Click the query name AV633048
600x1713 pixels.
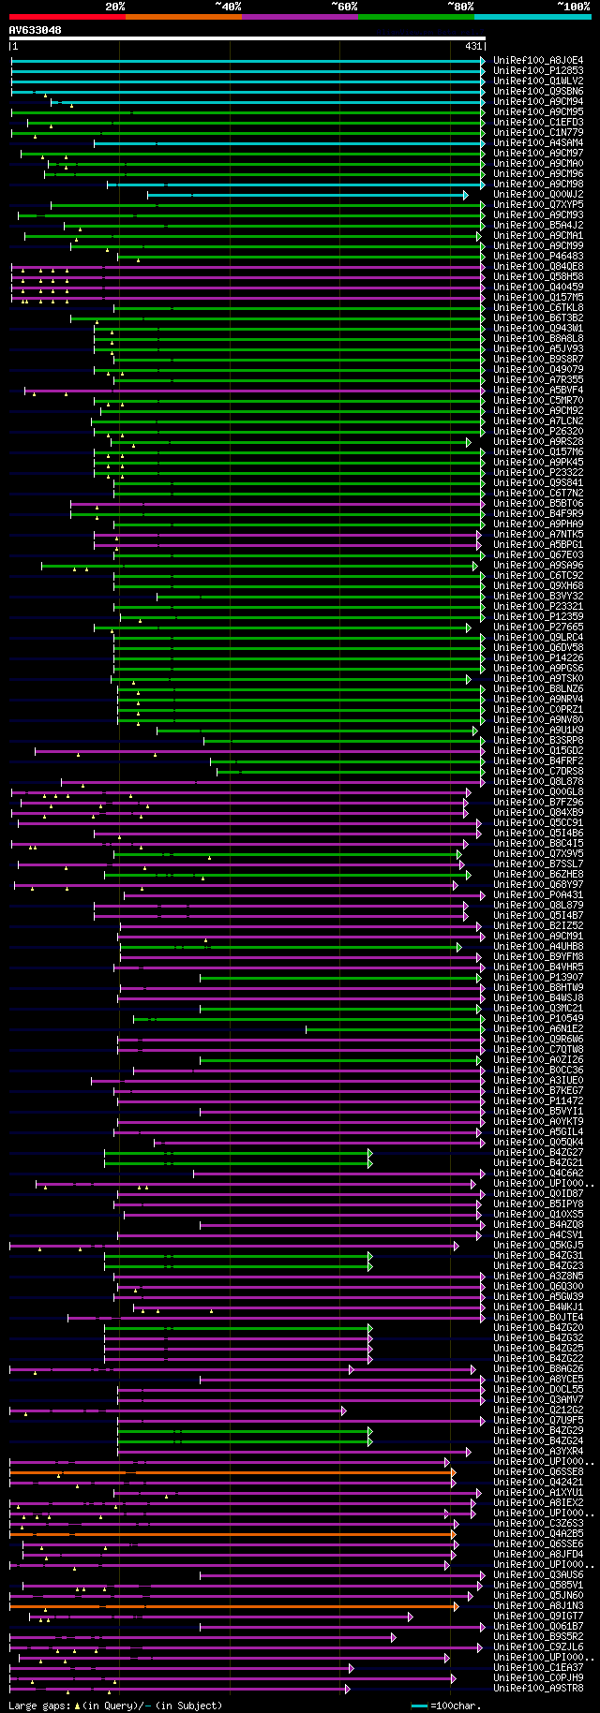(36, 31)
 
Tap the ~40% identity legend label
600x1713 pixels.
(228, 7)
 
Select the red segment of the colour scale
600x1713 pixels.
(67, 17)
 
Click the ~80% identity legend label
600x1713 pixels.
(460, 7)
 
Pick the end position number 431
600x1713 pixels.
(473, 46)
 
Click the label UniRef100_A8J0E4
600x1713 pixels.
(538, 60)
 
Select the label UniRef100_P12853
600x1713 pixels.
(538, 70)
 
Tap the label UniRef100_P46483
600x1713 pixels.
(538, 256)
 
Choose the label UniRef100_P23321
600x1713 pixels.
(538, 606)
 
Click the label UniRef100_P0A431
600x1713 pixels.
(538, 894)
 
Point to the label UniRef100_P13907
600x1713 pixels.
(538, 977)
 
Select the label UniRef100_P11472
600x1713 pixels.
(538, 1100)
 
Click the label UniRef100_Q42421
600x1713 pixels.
(538, 1482)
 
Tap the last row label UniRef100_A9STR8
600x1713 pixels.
(538, 1688)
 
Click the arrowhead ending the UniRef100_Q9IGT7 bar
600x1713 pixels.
(411, 1617)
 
